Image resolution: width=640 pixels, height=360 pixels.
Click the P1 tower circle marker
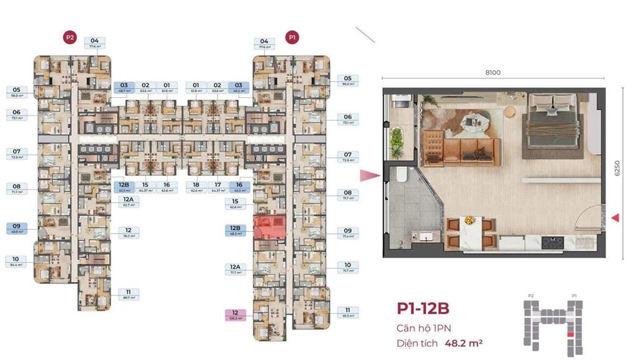(x=291, y=37)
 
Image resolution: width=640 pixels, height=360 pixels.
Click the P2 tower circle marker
(x=70, y=37)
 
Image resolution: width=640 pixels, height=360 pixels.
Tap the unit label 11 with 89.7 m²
(x=128, y=295)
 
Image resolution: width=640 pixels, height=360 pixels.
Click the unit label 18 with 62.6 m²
(x=196, y=187)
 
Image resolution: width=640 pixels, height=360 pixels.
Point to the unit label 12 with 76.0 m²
(x=128, y=232)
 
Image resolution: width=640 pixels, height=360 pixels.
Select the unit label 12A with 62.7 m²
(x=128, y=201)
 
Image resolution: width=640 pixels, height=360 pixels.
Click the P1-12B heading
(x=423, y=308)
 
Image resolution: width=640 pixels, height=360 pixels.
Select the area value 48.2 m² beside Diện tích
(x=463, y=342)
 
